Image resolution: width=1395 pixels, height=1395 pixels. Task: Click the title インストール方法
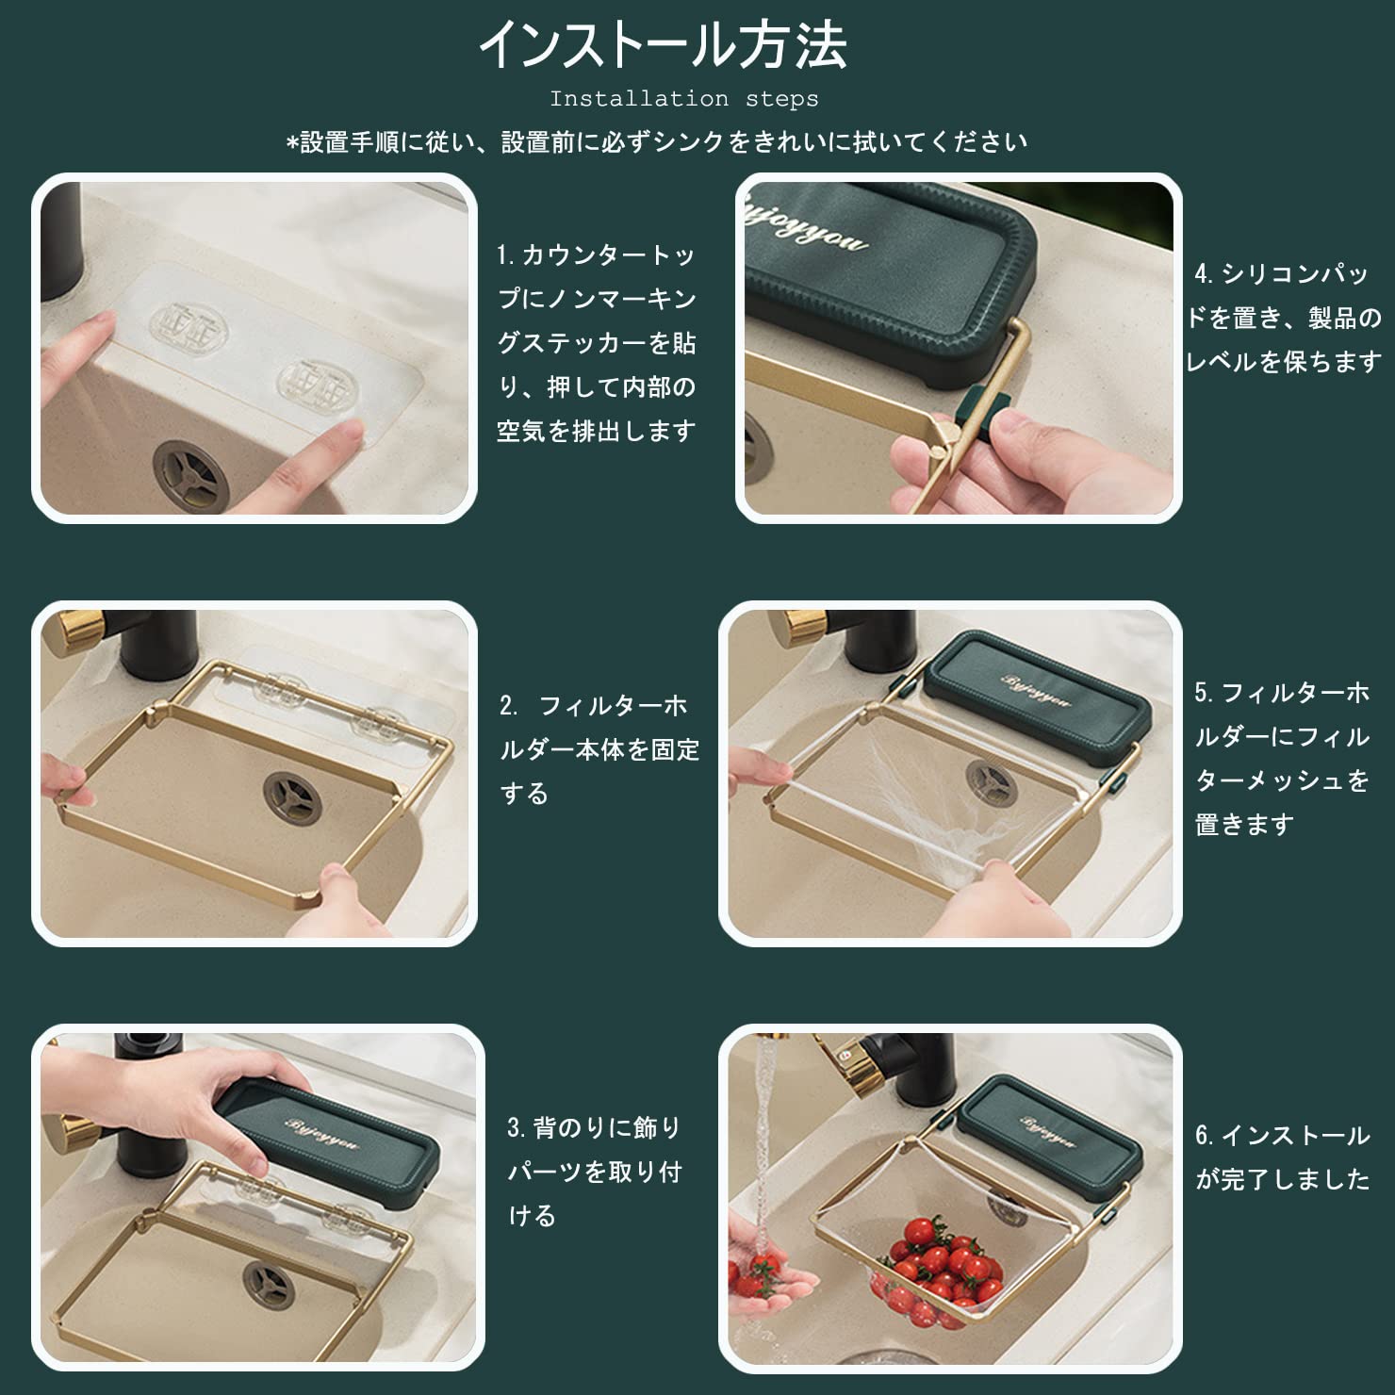[664, 45]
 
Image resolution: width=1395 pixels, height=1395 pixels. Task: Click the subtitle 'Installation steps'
[684, 99]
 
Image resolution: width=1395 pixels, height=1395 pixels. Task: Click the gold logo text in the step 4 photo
[810, 223]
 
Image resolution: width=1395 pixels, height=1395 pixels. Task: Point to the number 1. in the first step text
[507, 255]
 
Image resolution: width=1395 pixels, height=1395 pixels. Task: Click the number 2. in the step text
[509, 706]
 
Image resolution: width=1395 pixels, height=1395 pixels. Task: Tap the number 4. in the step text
[1206, 274]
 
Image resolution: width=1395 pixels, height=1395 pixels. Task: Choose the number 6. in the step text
[1206, 1136]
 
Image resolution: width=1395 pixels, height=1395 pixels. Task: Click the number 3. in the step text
[517, 1128]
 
